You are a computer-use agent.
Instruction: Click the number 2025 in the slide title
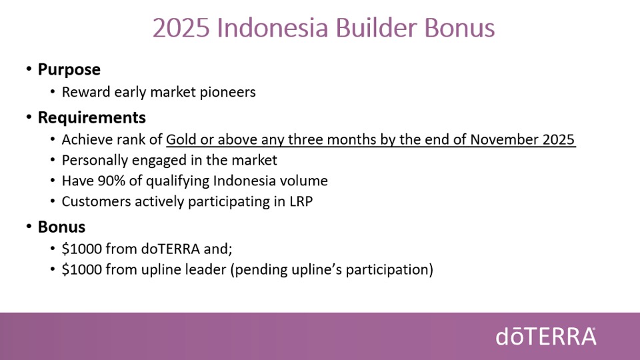(x=181, y=28)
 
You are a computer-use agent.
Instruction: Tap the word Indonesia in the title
(x=272, y=28)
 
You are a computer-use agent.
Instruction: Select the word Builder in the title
(x=376, y=28)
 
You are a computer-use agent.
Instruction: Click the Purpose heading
(x=69, y=69)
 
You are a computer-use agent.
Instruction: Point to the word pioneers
(x=228, y=92)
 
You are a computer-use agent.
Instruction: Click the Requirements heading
(x=92, y=117)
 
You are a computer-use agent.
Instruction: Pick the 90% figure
(x=111, y=181)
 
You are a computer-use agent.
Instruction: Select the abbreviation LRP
(x=301, y=201)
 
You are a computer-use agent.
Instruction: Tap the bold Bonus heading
(x=61, y=227)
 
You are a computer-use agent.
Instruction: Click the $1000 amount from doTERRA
(x=81, y=249)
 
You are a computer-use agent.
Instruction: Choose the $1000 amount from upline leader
(x=81, y=269)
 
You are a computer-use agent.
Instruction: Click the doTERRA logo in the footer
(x=546, y=337)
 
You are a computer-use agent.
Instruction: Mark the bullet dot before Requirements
(x=29, y=117)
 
